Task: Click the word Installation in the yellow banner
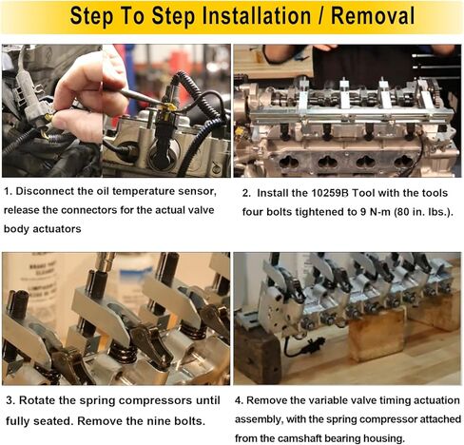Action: point(257,16)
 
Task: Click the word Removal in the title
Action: point(373,16)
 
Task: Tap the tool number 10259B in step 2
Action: point(330,193)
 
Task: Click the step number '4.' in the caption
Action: point(240,400)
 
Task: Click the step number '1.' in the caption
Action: point(9,191)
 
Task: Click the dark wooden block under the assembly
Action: point(259,355)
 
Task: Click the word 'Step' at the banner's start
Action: point(92,16)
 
